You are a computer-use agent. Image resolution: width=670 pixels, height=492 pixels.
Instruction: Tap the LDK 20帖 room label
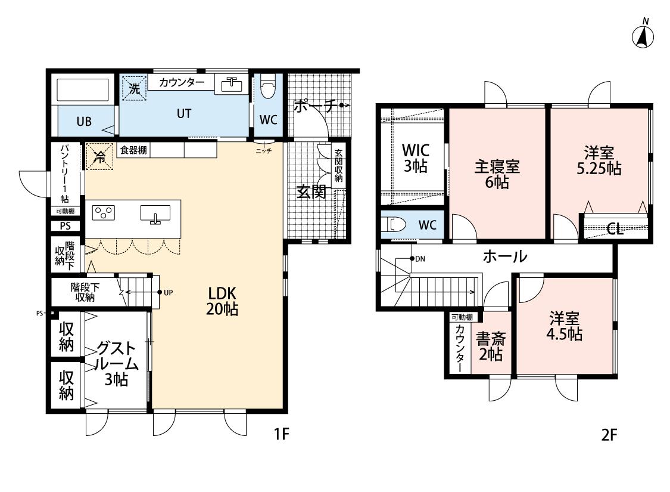(222, 301)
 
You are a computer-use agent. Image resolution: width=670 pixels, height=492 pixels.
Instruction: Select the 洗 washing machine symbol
(134, 88)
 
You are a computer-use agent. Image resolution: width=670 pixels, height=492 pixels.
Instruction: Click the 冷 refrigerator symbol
(99, 157)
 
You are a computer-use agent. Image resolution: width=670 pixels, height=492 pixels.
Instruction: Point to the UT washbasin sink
(232, 85)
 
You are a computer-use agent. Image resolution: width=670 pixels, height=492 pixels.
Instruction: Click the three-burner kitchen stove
(104, 213)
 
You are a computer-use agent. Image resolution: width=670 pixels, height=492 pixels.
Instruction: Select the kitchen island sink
(155, 213)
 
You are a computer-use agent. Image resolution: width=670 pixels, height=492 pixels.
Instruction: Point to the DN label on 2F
(420, 259)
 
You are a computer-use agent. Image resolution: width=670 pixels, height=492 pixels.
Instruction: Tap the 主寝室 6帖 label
(497, 174)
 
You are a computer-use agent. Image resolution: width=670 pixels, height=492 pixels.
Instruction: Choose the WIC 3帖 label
(415, 158)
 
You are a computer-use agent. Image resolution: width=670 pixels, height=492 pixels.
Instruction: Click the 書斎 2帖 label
(491, 346)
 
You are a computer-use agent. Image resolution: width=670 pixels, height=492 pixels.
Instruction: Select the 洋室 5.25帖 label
(599, 160)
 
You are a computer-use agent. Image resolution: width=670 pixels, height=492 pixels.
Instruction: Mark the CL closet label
(615, 230)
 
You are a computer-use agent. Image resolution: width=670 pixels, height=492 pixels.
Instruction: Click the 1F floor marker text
(282, 434)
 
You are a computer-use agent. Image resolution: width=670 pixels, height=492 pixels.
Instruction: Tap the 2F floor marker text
(609, 435)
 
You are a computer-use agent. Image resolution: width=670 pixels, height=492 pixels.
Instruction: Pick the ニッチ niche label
(264, 151)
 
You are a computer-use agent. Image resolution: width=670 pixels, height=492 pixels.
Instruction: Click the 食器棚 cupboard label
(133, 150)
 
